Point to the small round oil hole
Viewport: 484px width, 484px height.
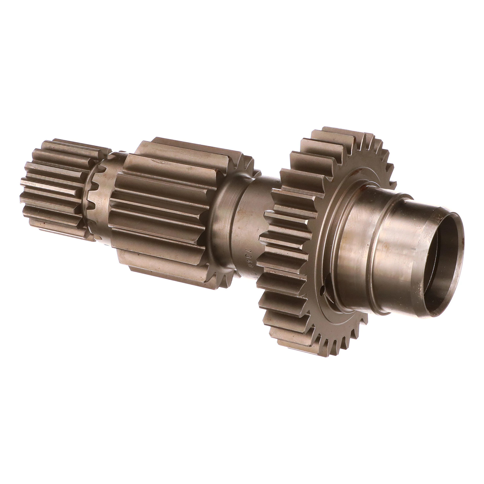pyautogui.click(x=322, y=291)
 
